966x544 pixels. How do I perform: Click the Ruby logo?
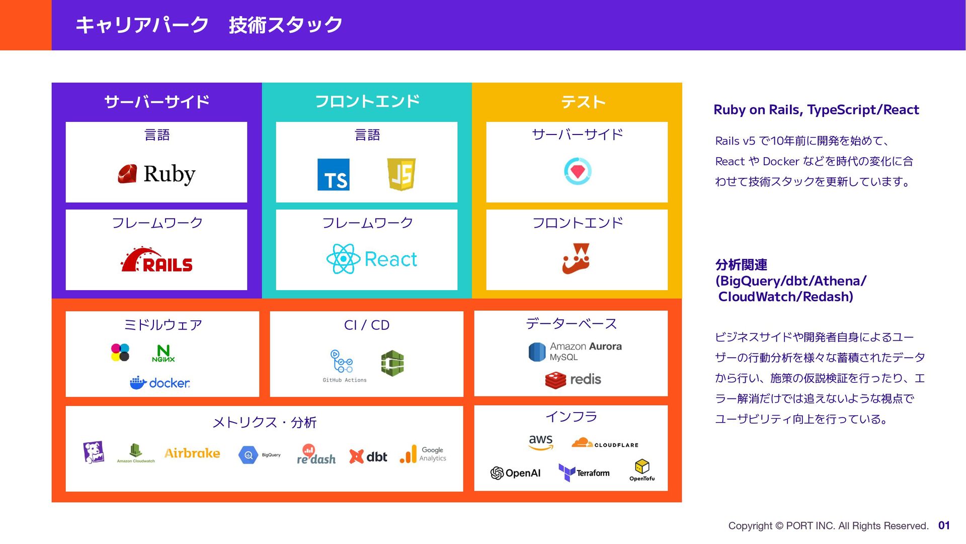click(156, 174)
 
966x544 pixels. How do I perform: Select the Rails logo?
click(156, 260)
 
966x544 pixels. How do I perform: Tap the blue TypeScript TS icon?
click(333, 175)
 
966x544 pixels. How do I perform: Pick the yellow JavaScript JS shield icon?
click(401, 174)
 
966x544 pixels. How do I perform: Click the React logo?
click(371, 259)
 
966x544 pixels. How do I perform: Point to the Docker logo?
click(160, 383)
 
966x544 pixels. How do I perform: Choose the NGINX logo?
click(164, 354)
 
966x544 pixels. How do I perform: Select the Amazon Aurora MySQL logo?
click(575, 352)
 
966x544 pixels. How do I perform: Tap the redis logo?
click(573, 380)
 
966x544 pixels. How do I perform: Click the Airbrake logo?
click(192, 453)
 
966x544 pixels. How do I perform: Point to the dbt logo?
click(368, 456)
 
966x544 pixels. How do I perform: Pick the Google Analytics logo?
click(423, 454)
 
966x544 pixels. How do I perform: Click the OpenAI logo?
click(515, 473)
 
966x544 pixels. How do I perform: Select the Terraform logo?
click(584, 473)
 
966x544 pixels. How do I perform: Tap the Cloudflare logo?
click(605, 443)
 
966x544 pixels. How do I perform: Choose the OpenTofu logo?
click(642, 470)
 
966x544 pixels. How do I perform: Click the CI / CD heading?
click(366, 325)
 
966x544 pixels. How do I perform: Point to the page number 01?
click(944, 525)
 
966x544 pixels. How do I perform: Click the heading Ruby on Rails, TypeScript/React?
click(816, 110)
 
